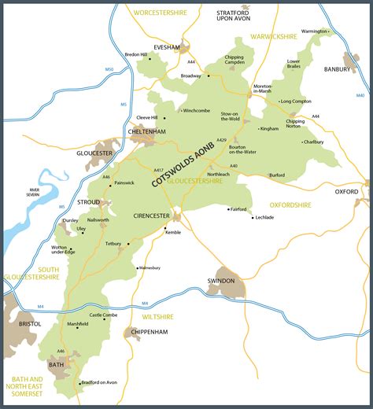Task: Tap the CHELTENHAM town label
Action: [148, 132]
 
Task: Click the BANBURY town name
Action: [340, 69]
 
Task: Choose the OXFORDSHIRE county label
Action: [290, 204]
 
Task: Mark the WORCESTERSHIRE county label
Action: [165, 14]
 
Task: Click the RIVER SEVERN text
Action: [34, 193]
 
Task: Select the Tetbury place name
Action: [114, 244]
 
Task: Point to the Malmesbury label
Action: [149, 268]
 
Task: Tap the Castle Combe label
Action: [103, 315]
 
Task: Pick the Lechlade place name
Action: [264, 217]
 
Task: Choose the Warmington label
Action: [316, 31]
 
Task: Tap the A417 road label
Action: [158, 170]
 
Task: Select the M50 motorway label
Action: [109, 70]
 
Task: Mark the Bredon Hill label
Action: [136, 54]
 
